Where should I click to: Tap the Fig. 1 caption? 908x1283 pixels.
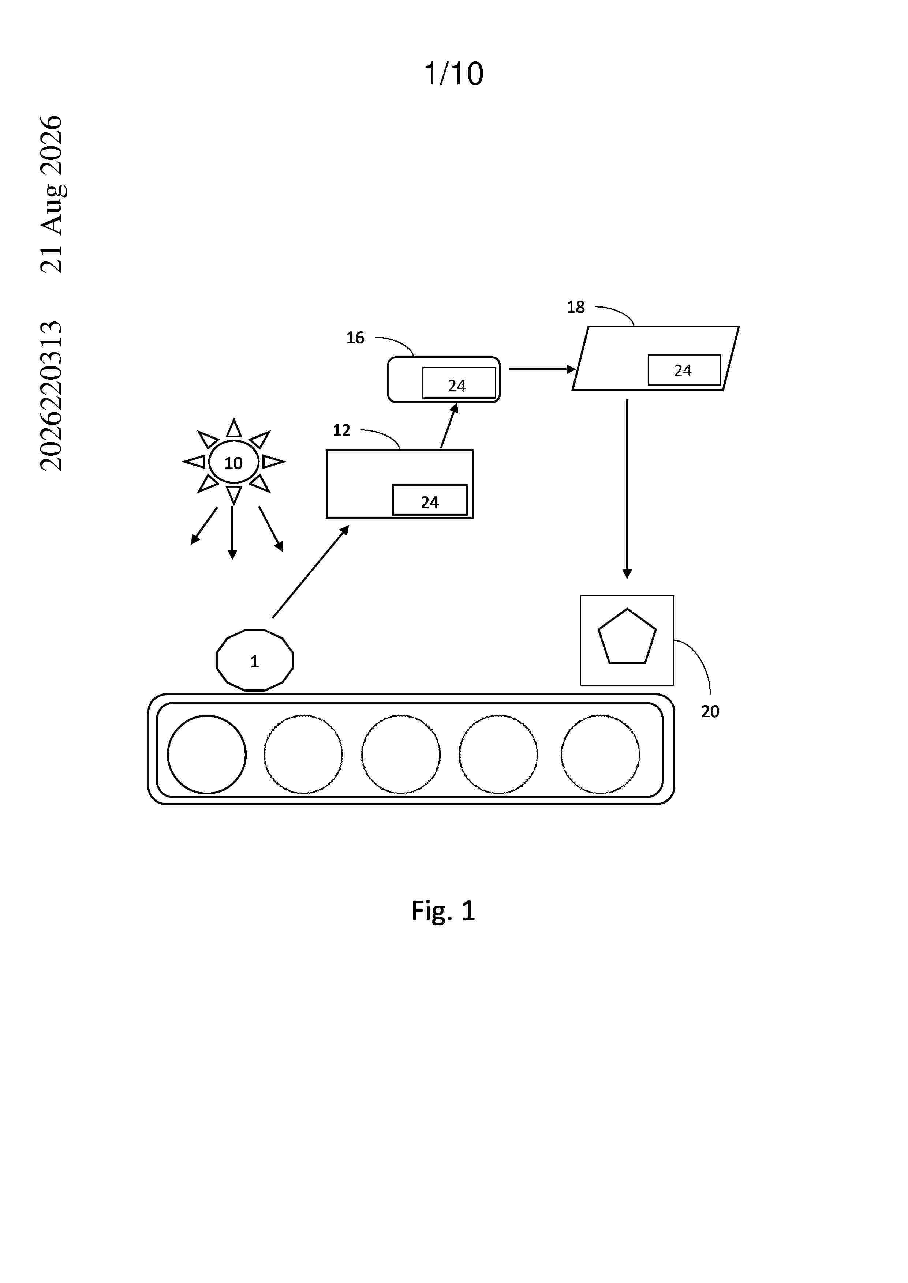pyautogui.click(x=443, y=911)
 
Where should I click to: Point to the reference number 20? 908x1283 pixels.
pyautogui.click(x=710, y=711)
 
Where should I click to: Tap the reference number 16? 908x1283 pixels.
pyautogui.click(x=355, y=338)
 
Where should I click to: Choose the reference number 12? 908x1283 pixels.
pyautogui.click(x=341, y=430)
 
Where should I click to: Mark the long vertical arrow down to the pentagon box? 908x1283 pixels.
pyautogui.click(x=627, y=489)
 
